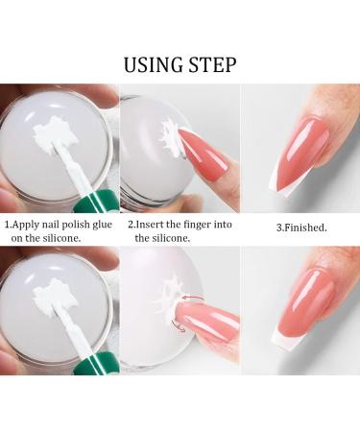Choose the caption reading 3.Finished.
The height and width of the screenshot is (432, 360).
tap(300, 228)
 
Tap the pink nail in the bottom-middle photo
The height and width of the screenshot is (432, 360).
tap(210, 317)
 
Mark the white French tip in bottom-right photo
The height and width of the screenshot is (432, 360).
tap(283, 335)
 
